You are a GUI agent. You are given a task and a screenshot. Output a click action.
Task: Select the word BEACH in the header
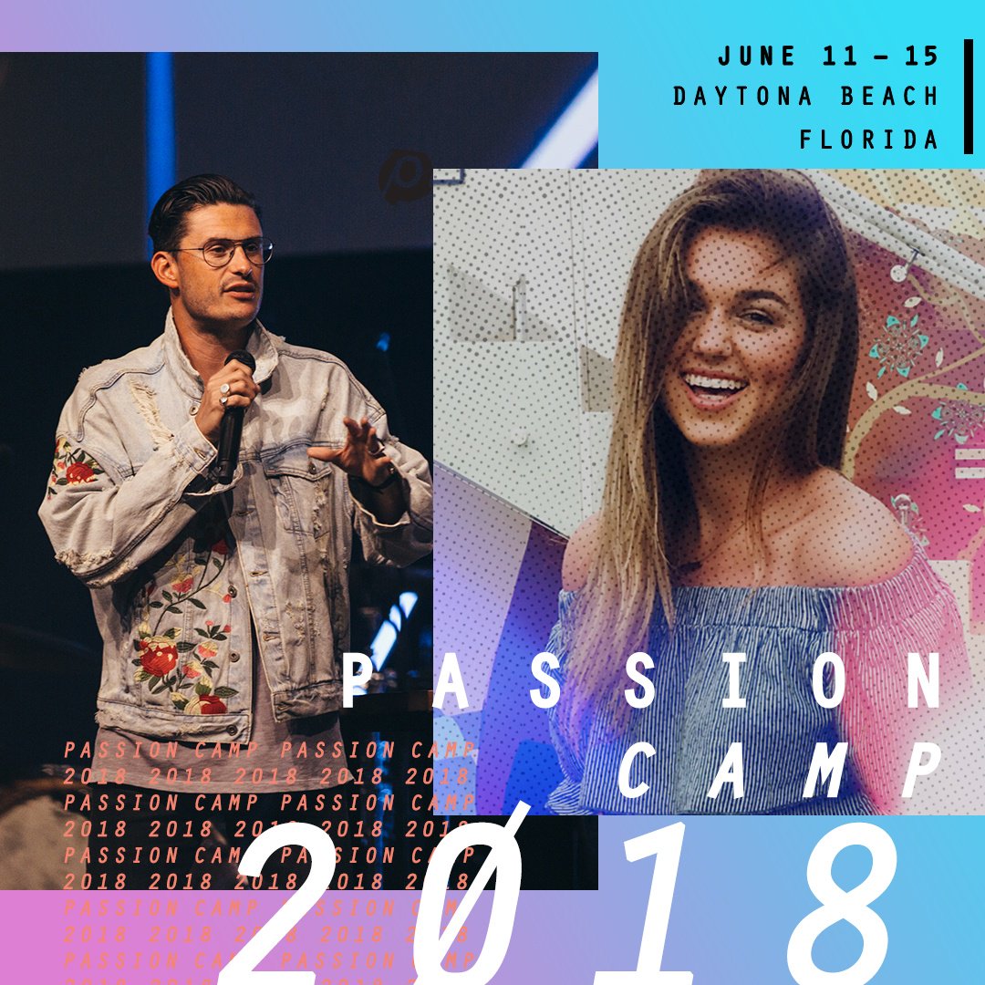(x=884, y=96)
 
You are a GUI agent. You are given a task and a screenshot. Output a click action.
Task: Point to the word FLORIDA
(x=869, y=139)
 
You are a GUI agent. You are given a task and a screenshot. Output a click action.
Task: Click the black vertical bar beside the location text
(x=968, y=96)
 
